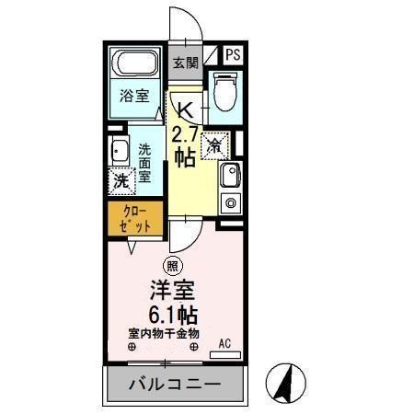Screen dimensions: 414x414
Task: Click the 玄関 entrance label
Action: point(186,63)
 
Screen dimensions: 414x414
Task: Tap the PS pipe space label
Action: point(233,54)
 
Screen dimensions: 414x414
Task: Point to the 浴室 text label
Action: point(134,95)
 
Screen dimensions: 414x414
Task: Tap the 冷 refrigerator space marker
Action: point(214,144)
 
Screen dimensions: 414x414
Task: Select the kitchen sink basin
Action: point(229,175)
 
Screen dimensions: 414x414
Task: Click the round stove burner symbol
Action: point(230,202)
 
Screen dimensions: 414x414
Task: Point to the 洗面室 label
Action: point(145,163)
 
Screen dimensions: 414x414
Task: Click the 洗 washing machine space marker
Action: point(121,181)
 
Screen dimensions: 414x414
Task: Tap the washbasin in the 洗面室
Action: point(118,152)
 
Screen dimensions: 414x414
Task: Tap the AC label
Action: point(224,345)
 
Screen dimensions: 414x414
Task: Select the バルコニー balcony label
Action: point(176,385)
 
